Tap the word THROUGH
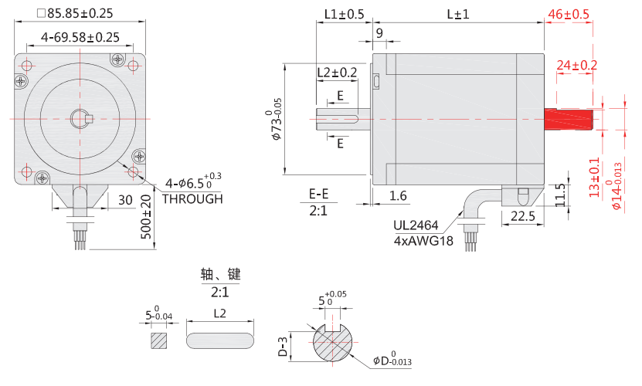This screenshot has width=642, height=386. (192, 198)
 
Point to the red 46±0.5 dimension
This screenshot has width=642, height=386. (568, 14)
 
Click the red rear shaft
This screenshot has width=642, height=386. (568, 120)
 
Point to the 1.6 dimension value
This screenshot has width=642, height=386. (398, 196)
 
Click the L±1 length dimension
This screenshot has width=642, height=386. (458, 14)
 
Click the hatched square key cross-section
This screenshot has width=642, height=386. (159, 340)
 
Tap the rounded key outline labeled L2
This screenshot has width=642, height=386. (221, 340)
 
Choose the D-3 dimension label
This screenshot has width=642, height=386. (284, 347)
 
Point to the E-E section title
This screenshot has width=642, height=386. (318, 194)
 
